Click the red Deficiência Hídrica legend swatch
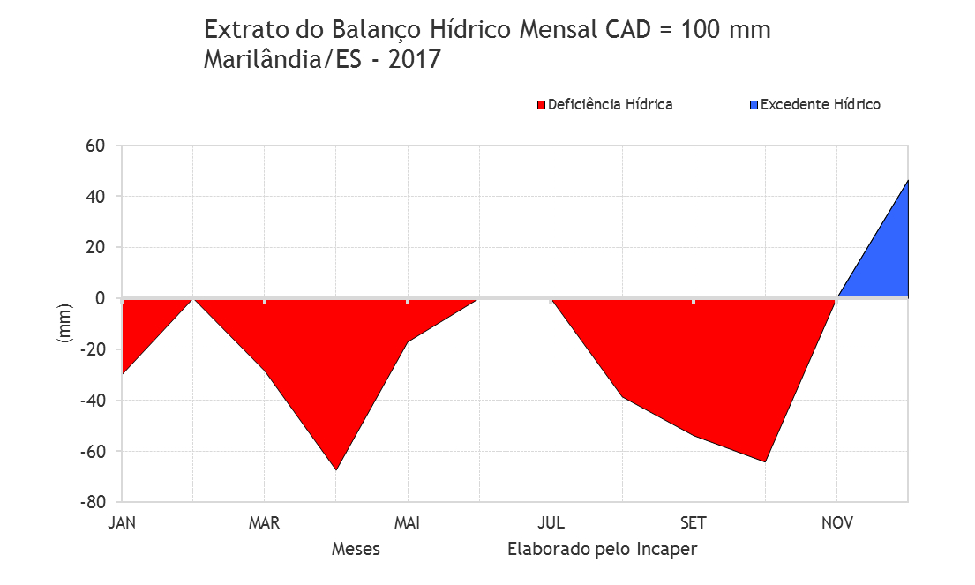[x=541, y=105]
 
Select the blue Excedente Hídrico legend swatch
[x=754, y=105]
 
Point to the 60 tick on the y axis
[x=95, y=146]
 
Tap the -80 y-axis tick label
[x=93, y=502]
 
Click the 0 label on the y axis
[x=100, y=298]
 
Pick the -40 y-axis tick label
[x=93, y=401]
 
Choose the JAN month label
[x=122, y=523]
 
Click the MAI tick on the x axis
[x=408, y=523]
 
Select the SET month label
[x=694, y=523]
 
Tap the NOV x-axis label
[x=837, y=523]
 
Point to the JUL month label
[x=551, y=523]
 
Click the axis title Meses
[x=356, y=549]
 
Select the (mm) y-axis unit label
[x=64, y=323]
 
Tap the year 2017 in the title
[x=415, y=60]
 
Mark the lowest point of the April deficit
[x=336, y=470]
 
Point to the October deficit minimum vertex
[x=765, y=461]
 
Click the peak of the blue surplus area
[x=908, y=180]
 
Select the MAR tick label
[x=265, y=523]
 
